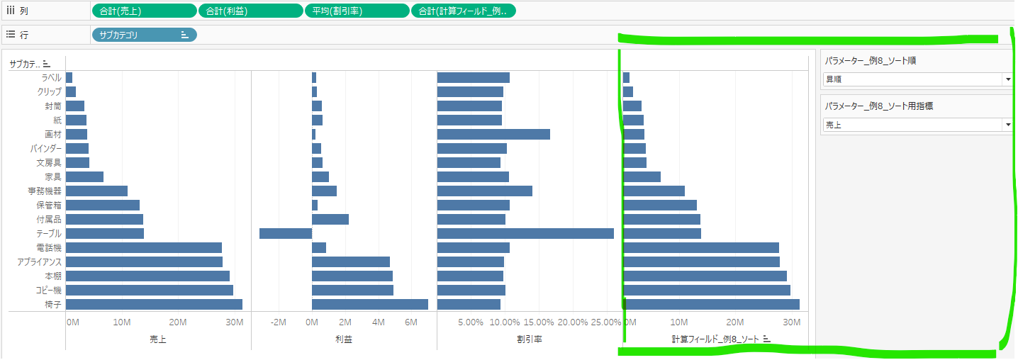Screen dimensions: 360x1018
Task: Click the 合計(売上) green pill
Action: [x=144, y=11]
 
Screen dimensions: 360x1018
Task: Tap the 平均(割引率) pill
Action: [x=357, y=11]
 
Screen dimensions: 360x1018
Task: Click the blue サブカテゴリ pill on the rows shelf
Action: [x=144, y=35]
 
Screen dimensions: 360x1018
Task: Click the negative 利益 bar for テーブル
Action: [x=286, y=233]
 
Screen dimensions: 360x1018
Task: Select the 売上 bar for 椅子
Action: [x=154, y=304]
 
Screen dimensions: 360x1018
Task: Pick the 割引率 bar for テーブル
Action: [x=525, y=233]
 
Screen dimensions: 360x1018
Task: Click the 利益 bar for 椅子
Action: [x=369, y=304]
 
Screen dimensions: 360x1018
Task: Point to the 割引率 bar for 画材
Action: [x=493, y=134]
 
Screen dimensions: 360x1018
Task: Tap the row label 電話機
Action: [x=49, y=247]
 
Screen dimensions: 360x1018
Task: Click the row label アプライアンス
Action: [x=40, y=261]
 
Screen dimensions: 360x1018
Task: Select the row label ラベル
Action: [x=51, y=77]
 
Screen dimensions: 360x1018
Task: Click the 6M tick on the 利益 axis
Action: [x=411, y=322]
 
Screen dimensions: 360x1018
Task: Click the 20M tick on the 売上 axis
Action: [x=178, y=322]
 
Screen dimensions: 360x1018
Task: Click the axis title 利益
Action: [x=344, y=339]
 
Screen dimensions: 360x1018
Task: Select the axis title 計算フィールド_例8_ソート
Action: [x=715, y=339]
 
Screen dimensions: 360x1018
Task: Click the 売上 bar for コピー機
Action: [x=150, y=290]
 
